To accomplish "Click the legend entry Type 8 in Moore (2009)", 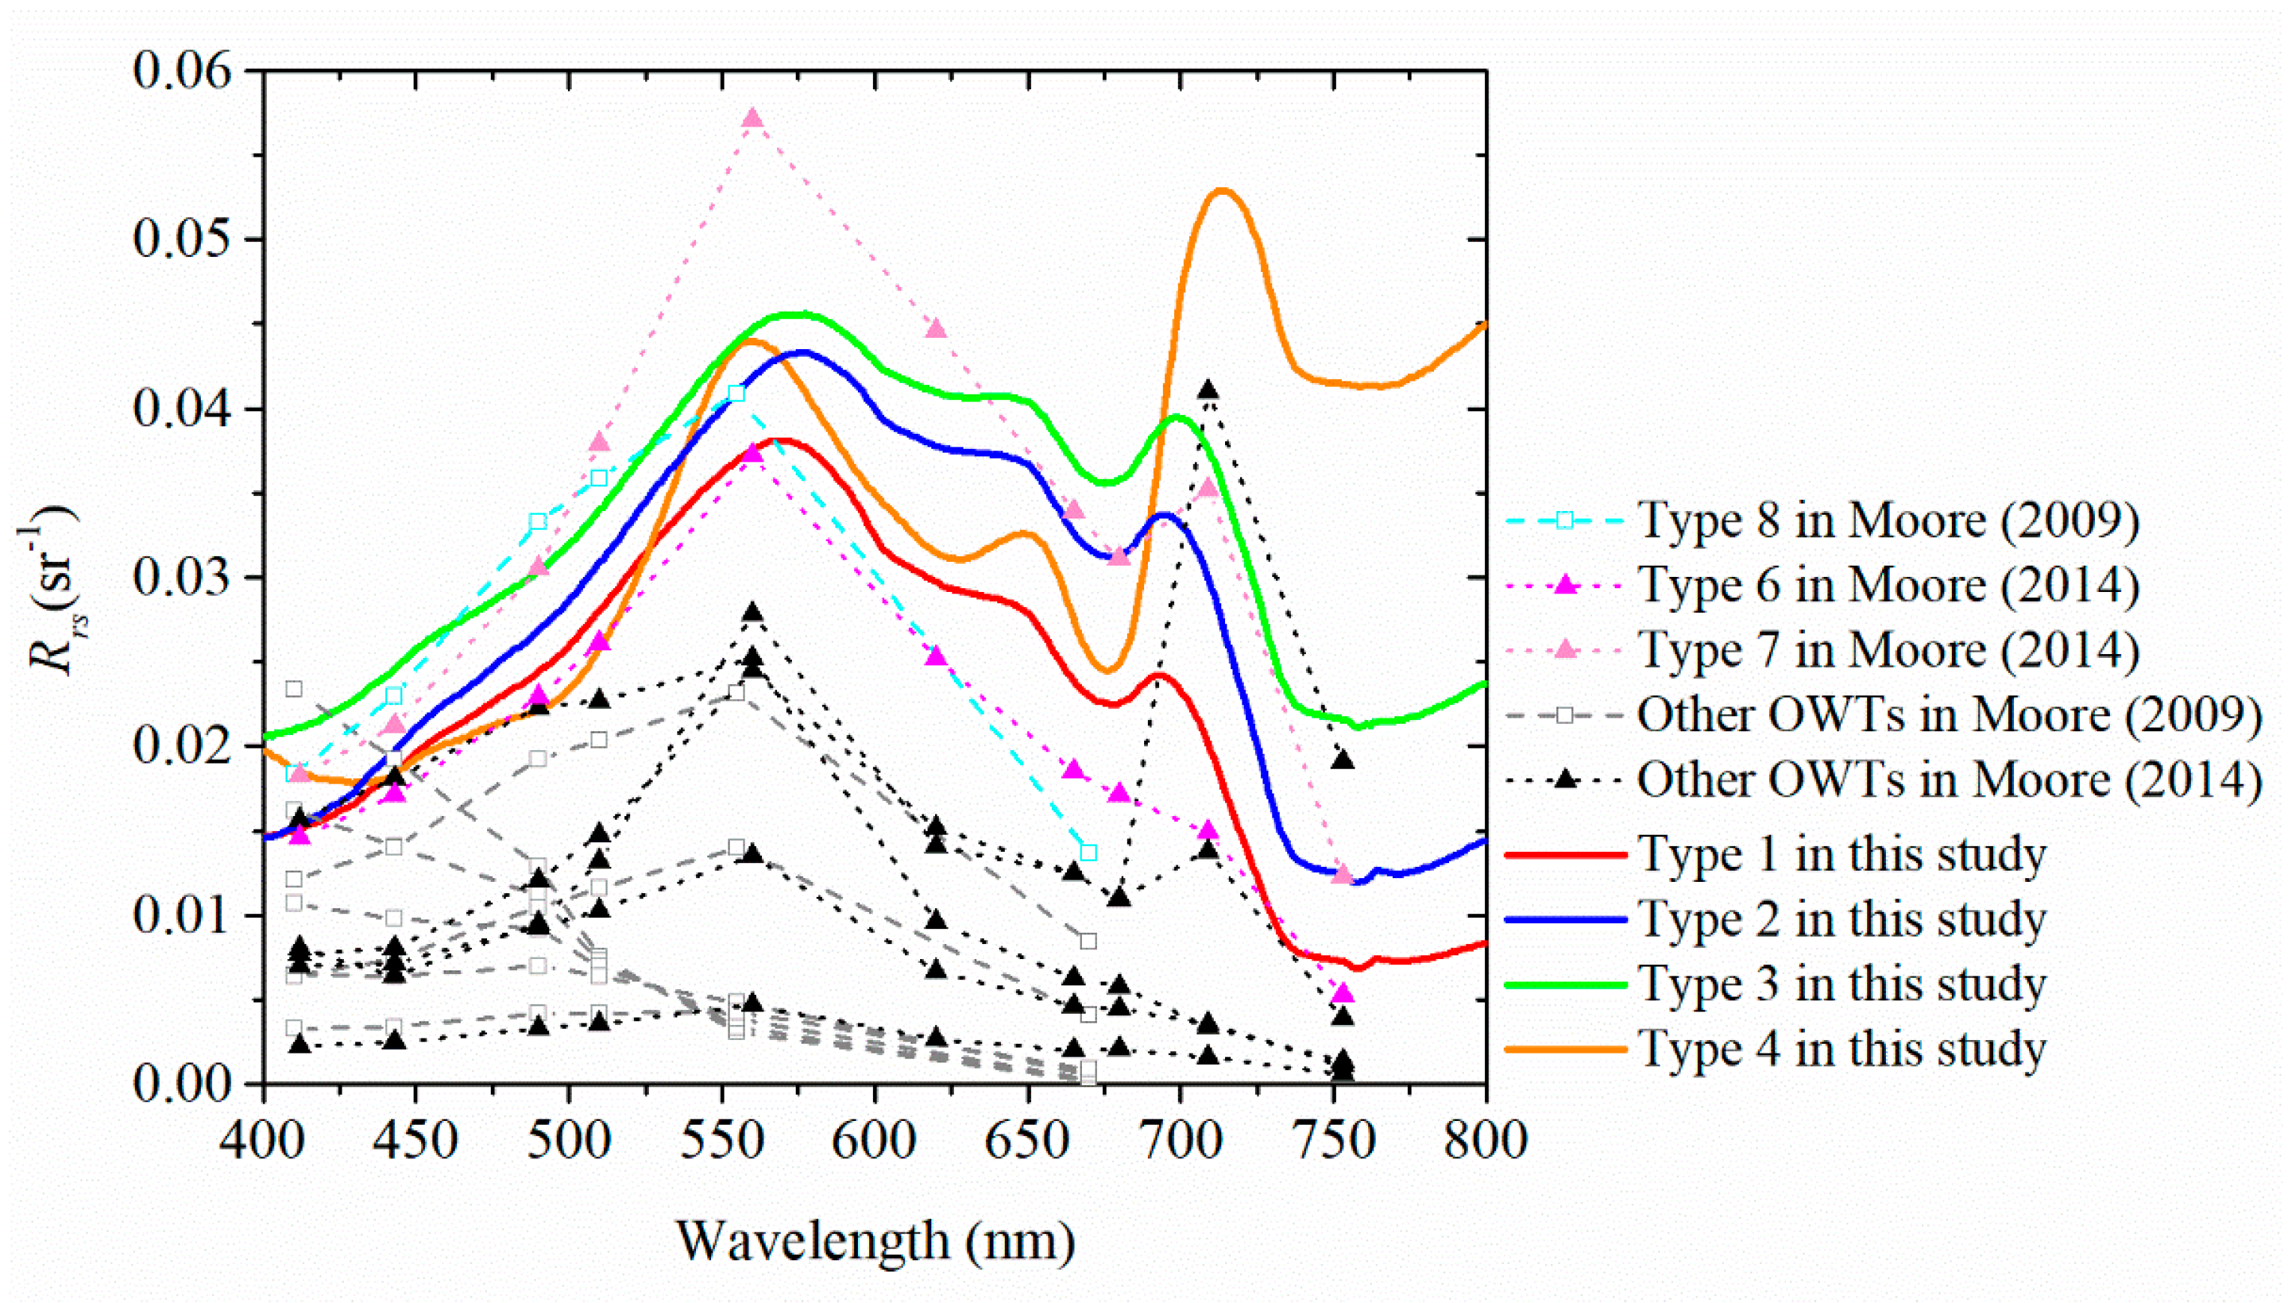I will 1888,521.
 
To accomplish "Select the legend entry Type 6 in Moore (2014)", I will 1888,586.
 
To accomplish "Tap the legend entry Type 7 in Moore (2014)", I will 1888,650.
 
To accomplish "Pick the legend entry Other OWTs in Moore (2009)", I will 1949,715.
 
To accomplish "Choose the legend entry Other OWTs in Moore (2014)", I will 1949,780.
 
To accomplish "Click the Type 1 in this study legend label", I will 1842,855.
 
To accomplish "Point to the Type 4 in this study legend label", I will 1842,1050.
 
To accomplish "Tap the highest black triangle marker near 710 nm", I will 1208,390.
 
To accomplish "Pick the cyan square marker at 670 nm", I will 1088,852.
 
